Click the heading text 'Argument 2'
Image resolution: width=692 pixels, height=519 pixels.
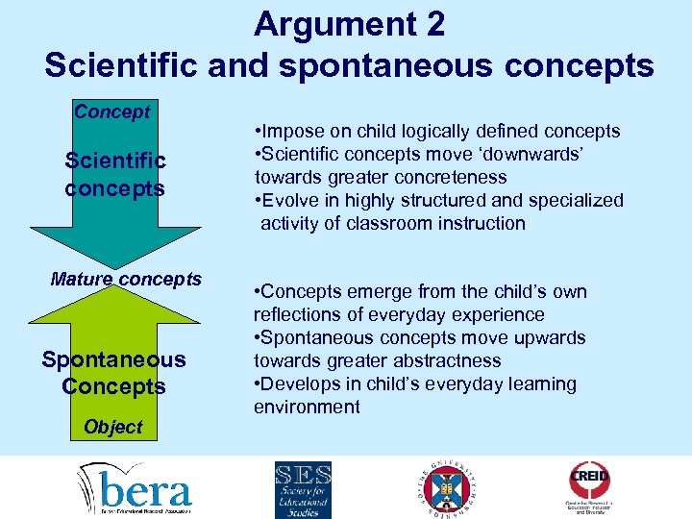pyautogui.click(x=349, y=24)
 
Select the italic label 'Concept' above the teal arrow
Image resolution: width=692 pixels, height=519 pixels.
pyautogui.click(x=112, y=111)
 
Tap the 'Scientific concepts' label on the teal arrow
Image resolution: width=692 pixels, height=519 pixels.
pyautogui.click(x=115, y=174)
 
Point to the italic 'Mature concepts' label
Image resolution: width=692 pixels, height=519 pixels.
pyautogui.click(x=126, y=280)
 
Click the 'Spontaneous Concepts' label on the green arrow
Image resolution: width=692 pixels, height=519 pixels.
pyautogui.click(x=114, y=373)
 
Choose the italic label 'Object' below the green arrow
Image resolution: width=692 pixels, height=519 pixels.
pyautogui.click(x=112, y=427)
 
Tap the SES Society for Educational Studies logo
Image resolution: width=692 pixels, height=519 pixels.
pyautogui.click(x=303, y=487)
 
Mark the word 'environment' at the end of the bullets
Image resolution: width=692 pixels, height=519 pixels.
pyautogui.click(x=307, y=408)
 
